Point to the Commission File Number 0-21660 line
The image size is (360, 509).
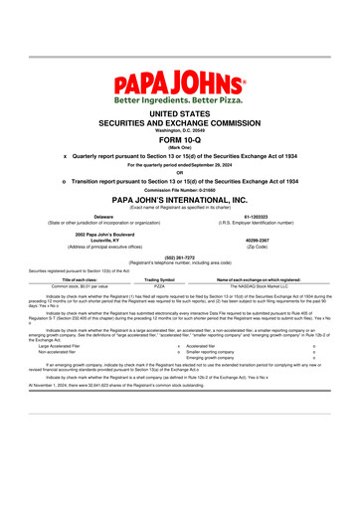point(179,190)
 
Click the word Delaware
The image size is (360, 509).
point(102,215)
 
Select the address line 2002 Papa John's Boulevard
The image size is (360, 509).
point(102,232)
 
